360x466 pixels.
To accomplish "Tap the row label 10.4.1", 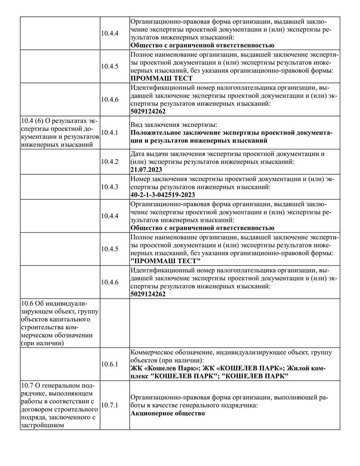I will pos(110,132).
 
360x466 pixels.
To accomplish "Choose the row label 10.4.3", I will pos(110,187).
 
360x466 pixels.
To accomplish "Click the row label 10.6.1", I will pos(110,364).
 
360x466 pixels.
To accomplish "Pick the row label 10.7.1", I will pos(110,405).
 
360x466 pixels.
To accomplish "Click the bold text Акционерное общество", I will pos(167,413).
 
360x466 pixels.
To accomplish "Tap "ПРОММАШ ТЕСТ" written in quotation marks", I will pos(166,261).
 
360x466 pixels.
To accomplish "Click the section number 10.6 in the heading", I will pos(27,302).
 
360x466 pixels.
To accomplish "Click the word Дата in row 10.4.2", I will pos(138,153).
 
